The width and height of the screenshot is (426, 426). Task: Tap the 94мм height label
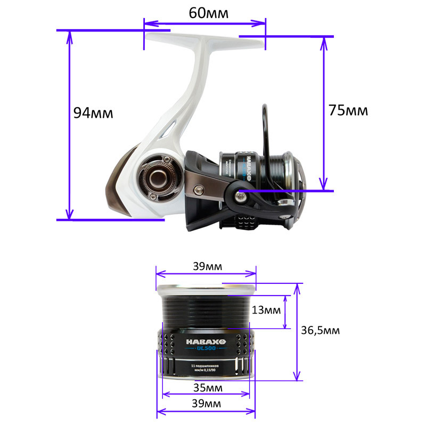[93, 113]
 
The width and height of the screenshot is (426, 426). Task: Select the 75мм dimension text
[348, 110]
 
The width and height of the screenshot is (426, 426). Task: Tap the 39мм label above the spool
[207, 266]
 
